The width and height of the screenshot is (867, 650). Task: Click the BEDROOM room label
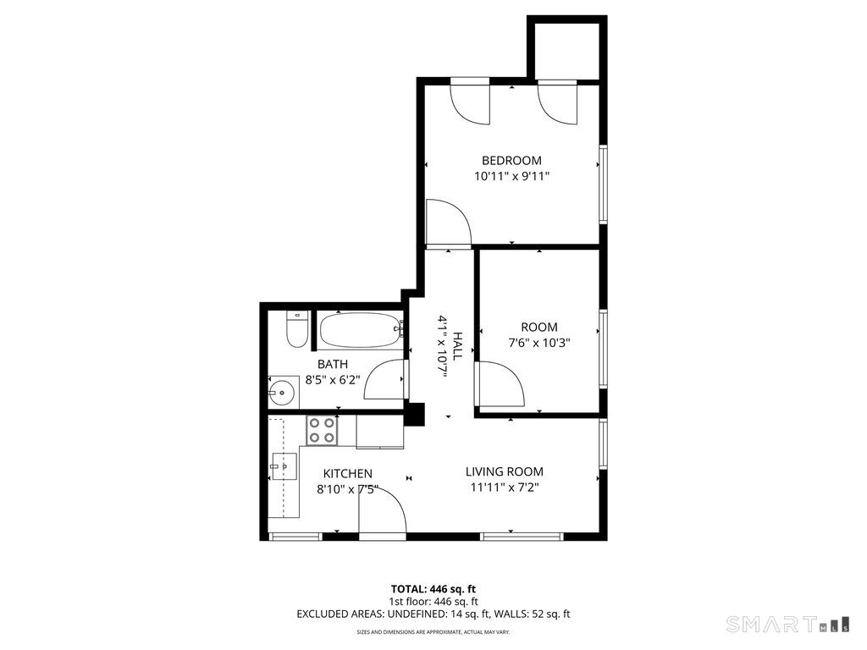point(511,160)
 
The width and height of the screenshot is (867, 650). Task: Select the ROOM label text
point(538,328)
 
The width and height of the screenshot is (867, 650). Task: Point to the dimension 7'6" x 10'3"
point(538,344)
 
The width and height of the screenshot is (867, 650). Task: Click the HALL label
point(457,346)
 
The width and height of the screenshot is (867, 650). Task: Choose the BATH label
point(333,364)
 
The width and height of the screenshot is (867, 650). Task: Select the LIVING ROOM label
point(505,471)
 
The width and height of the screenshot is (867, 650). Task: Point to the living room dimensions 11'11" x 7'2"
point(505,487)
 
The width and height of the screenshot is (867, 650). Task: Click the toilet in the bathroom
point(295,329)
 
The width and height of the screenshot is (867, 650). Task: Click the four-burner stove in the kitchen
point(321,430)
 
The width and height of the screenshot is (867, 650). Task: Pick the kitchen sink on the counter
point(284,465)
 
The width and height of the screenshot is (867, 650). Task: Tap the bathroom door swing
point(385,379)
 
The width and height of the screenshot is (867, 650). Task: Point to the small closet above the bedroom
point(566,49)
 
